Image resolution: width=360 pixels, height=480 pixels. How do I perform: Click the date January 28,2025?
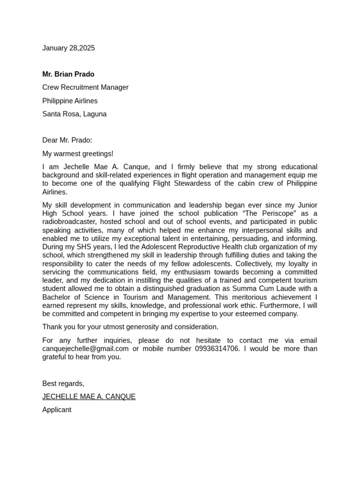68,48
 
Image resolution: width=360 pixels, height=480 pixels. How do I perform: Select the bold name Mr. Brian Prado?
68,74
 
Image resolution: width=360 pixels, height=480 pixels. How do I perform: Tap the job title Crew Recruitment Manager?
85,87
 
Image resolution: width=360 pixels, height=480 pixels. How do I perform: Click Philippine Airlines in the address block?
70,101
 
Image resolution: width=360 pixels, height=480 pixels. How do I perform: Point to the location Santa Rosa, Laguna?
74,114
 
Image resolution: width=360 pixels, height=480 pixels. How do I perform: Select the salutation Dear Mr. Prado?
67,140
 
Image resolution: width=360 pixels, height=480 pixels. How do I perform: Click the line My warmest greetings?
77,154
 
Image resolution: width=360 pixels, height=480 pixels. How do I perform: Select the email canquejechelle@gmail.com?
85,349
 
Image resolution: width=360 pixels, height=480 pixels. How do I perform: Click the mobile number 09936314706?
217,349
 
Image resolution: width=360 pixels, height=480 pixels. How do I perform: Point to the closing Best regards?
63,383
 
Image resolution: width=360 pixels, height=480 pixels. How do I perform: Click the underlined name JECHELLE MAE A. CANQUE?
89,397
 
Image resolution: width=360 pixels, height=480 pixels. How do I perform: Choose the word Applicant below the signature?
57,410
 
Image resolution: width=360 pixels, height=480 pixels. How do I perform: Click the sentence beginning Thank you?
130,327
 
